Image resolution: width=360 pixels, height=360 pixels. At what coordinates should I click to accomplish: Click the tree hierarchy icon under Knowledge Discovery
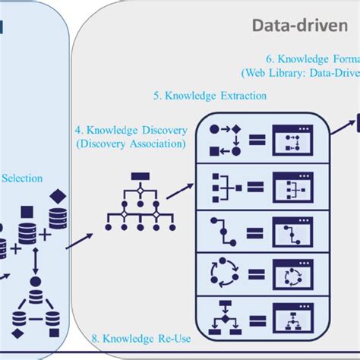137,201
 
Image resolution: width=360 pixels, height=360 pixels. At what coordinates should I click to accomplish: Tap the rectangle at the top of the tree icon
137,177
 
